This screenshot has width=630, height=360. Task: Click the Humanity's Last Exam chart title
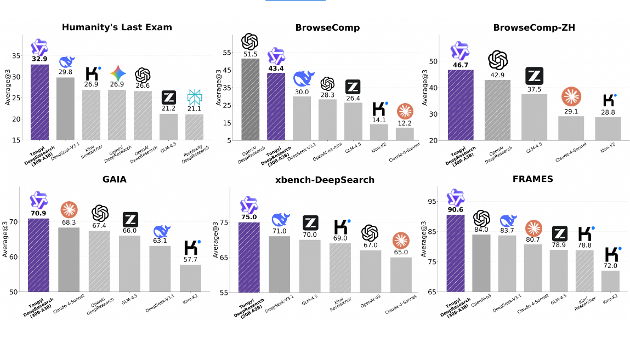(117, 27)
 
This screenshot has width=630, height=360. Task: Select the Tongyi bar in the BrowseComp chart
(276, 106)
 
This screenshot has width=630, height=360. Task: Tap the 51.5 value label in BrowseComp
(250, 54)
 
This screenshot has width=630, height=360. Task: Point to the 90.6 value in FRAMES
(455, 209)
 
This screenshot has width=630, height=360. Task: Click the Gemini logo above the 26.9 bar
(117, 73)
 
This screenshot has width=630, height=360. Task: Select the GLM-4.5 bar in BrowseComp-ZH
(534, 117)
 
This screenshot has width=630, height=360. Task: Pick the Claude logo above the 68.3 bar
(69, 210)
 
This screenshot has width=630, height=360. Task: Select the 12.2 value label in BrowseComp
(405, 123)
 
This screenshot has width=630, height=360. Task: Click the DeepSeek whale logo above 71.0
(280, 220)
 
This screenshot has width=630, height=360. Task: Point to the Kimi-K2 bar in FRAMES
(610, 281)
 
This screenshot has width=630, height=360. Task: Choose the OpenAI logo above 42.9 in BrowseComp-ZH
(497, 60)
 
